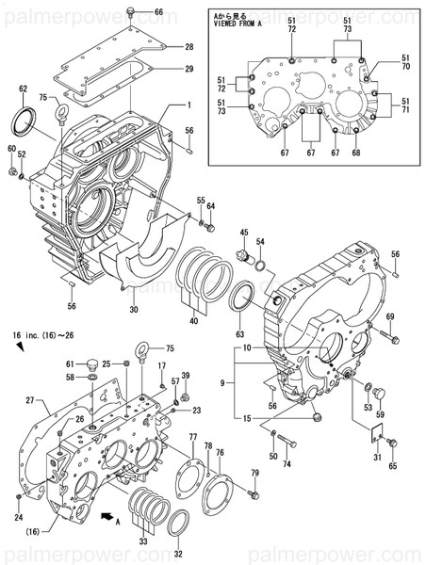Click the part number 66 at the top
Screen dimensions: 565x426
[x=158, y=12]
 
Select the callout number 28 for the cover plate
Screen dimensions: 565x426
[x=188, y=47]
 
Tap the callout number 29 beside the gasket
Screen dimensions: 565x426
[x=188, y=69]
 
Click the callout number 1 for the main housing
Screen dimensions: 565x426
[x=188, y=105]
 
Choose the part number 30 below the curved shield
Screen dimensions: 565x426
[x=133, y=310]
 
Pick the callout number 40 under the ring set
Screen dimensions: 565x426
[x=194, y=321]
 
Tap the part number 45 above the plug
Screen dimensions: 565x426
[x=243, y=233]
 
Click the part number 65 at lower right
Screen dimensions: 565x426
[x=392, y=466]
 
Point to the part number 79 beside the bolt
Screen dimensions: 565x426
[x=254, y=472]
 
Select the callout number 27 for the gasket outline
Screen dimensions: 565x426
[x=29, y=400]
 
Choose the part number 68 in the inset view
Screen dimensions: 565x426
[x=355, y=153]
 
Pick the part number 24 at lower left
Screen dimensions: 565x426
[x=18, y=517]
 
